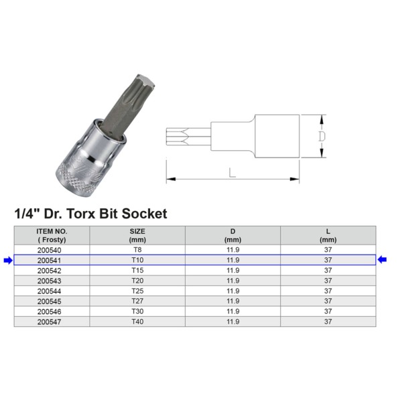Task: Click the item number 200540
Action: point(52,249)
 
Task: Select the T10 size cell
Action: point(137,260)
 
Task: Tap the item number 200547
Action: point(52,322)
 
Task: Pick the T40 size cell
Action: point(137,322)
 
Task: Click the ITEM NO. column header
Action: point(52,234)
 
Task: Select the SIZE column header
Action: point(137,234)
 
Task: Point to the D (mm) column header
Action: point(232,234)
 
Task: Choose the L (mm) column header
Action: point(328,234)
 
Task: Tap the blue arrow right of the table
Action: point(383,260)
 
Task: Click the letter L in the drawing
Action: point(232,172)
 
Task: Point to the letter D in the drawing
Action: point(321,136)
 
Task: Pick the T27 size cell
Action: point(137,301)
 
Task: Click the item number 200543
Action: point(52,281)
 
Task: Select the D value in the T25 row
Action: point(232,291)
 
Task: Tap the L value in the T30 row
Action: point(328,312)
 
